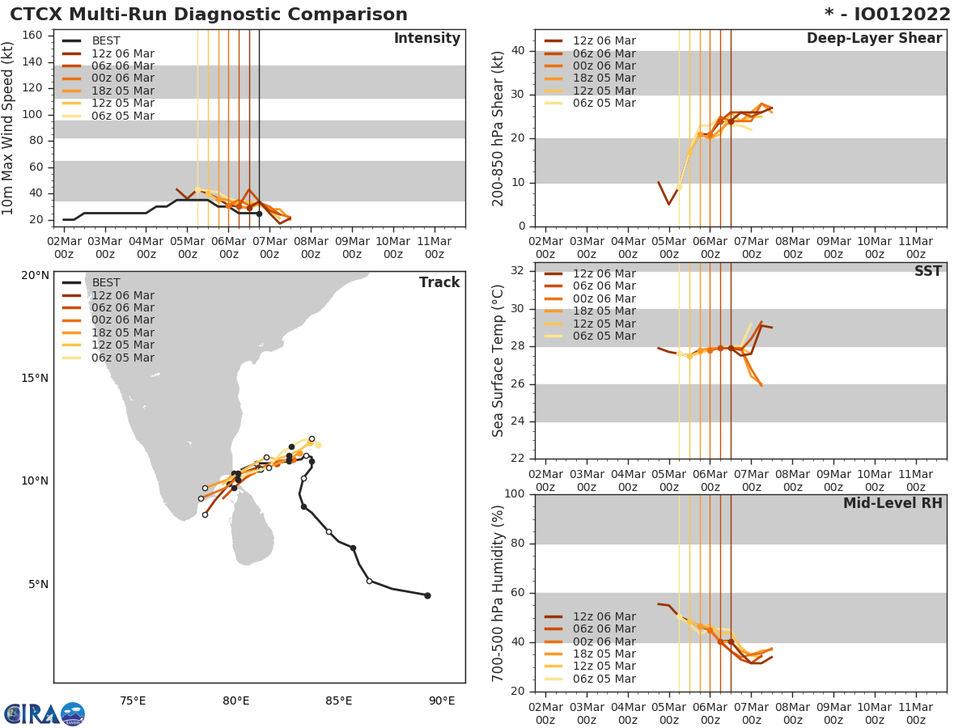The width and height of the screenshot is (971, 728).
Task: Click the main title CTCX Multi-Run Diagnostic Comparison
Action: tap(209, 15)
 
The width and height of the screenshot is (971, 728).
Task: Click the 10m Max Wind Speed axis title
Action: tap(9, 128)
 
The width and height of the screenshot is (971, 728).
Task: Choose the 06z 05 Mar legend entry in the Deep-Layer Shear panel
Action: tap(604, 104)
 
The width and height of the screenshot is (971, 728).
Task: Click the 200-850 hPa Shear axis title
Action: tap(498, 128)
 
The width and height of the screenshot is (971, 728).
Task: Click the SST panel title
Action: tap(927, 272)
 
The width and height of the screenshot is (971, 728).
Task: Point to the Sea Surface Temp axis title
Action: tap(498, 361)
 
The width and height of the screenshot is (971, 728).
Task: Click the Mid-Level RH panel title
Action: tap(892, 503)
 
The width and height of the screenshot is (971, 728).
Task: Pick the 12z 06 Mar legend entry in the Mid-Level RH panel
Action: tap(604, 616)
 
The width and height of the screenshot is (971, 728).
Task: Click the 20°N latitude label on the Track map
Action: tap(35, 276)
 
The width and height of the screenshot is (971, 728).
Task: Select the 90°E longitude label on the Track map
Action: tap(441, 700)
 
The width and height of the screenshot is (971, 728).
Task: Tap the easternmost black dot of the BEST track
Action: tap(427, 595)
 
